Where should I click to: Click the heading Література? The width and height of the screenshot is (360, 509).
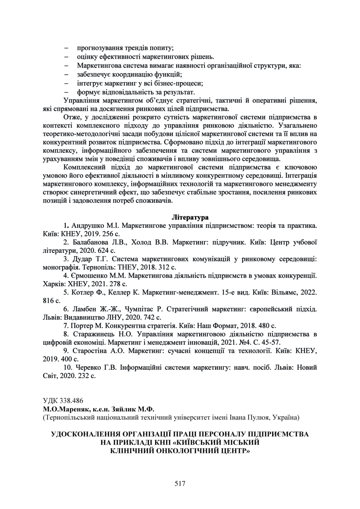tap(190, 217)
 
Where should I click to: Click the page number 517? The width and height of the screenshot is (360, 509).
tap(180, 484)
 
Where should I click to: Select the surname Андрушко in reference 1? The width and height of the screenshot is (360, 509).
tap(87, 226)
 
